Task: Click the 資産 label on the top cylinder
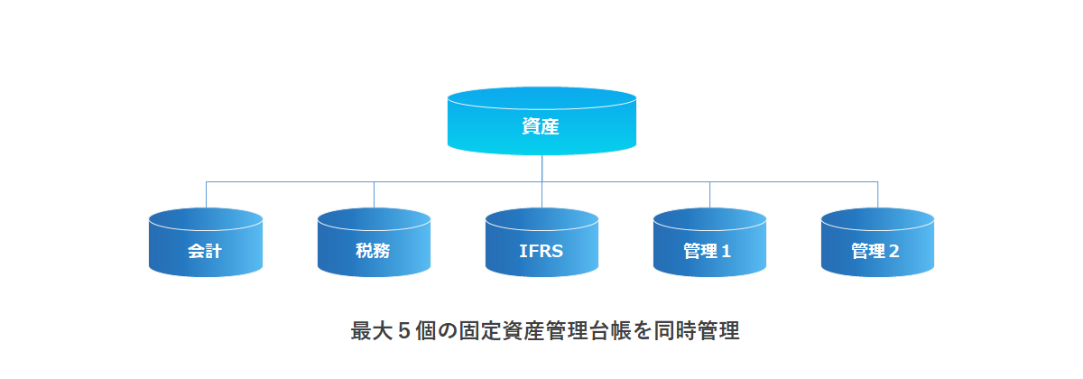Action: point(541,127)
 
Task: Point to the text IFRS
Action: point(541,251)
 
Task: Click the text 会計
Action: point(205,251)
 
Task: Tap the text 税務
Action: point(373,251)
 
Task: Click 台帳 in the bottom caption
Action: point(611,330)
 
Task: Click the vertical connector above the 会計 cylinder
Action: point(206,194)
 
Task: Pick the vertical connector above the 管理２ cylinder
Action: point(877,194)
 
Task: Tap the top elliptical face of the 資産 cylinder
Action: point(541,97)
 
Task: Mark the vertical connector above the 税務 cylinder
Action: point(374,194)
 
